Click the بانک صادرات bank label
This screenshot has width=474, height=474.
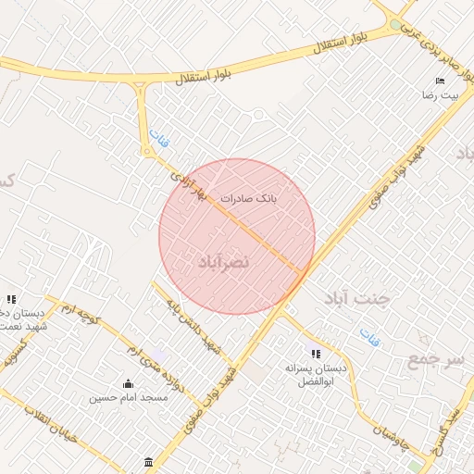click(249, 198)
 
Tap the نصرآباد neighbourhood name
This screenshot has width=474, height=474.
click(223, 264)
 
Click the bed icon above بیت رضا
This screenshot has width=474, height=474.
click(441, 81)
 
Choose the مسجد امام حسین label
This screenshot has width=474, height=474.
click(128, 398)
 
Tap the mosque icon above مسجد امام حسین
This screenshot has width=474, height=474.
click(128, 383)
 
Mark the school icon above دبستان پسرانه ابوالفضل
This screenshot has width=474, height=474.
click(317, 354)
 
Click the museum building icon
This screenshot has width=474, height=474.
click(149, 462)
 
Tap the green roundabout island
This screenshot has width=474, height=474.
click(396, 25)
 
